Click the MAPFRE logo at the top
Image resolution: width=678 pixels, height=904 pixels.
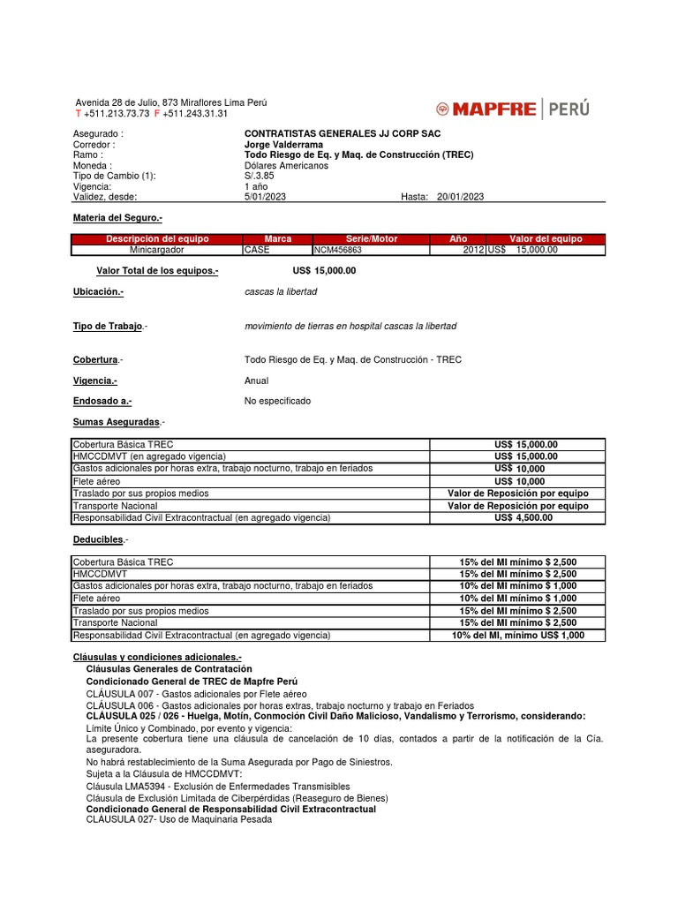coord(512,109)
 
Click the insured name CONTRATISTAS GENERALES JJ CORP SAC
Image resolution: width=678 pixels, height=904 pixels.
coord(342,133)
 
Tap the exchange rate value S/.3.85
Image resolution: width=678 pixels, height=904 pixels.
coord(260,176)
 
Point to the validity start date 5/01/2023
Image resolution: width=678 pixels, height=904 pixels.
coord(264,197)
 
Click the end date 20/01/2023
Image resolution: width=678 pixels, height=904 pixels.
coord(460,197)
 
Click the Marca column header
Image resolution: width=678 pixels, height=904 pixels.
coord(277,239)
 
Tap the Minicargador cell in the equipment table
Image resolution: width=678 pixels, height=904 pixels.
coord(155,250)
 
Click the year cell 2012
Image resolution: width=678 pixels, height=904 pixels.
coord(473,250)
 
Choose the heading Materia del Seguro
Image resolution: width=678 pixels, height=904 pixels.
coord(117,217)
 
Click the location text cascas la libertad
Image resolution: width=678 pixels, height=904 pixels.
coord(280,291)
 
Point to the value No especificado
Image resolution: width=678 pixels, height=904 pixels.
coord(277,401)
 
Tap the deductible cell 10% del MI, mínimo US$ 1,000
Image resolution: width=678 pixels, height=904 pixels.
coord(517,635)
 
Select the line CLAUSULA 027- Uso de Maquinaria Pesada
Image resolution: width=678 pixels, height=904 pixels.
coord(179,819)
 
